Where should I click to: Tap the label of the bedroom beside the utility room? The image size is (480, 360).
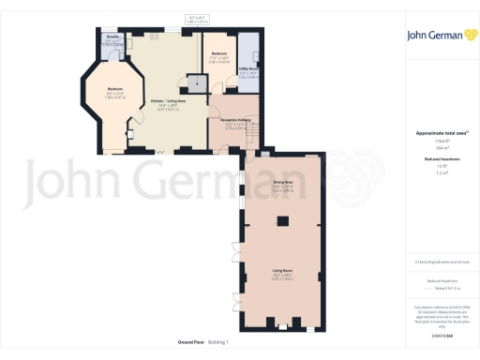[218, 56]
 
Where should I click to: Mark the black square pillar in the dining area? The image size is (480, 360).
[282, 221]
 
